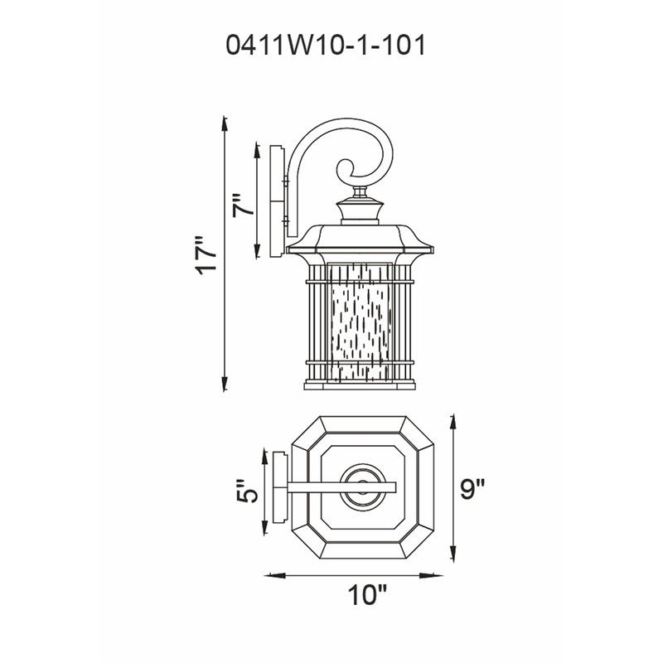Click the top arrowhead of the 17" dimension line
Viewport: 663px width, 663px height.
(x=225, y=123)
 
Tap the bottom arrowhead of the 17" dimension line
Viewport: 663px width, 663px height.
(x=225, y=387)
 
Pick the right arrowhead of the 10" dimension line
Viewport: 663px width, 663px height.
(x=437, y=574)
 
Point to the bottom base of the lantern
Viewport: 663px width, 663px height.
(x=360, y=385)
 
